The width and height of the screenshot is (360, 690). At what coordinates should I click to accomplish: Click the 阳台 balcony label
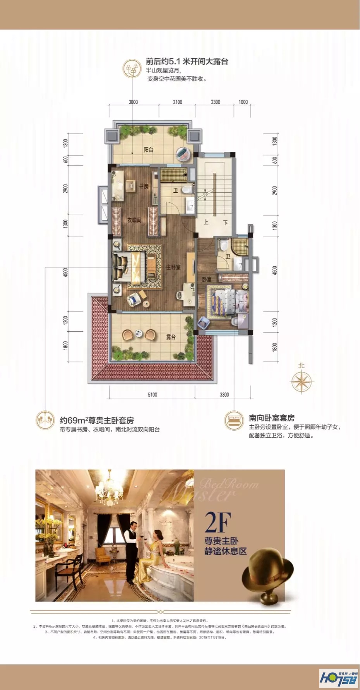point(148,150)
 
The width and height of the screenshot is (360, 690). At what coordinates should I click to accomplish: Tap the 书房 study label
point(144,186)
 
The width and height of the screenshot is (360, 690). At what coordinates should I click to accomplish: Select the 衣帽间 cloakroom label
point(134,220)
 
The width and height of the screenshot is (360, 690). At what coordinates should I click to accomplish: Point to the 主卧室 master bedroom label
point(173,267)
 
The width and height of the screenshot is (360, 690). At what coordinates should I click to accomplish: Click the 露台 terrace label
point(171,337)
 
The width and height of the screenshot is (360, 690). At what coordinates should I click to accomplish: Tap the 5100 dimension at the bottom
point(152,395)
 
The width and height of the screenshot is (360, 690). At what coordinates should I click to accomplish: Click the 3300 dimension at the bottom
point(224,395)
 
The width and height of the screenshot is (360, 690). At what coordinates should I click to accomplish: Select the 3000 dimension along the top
point(133,102)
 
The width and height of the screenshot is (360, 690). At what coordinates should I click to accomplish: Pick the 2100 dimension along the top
point(177,102)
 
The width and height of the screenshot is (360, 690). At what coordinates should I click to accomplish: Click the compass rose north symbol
point(301,381)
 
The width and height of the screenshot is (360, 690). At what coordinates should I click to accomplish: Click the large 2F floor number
point(218,523)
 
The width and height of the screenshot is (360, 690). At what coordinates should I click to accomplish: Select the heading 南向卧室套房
point(272,418)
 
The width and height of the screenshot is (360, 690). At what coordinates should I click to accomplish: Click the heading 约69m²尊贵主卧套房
point(97,420)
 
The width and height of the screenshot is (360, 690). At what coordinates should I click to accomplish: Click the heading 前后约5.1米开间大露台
point(187,61)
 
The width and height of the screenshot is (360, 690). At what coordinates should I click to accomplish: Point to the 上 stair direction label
point(206,222)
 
